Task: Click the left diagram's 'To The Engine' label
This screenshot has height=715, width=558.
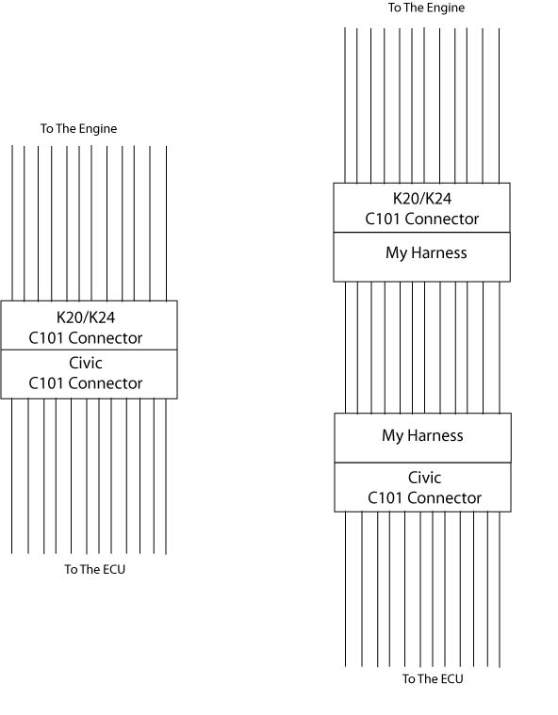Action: [78, 129]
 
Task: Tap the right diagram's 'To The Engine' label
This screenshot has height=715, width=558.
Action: [427, 8]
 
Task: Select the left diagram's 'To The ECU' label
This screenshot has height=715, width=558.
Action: [95, 569]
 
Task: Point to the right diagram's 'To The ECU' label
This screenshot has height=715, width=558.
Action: [433, 679]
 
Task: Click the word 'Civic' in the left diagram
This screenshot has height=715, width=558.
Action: [86, 363]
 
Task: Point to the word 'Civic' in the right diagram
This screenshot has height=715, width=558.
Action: [424, 478]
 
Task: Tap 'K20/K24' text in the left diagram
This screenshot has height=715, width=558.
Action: [86, 317]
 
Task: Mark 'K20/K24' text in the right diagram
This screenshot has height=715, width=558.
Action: [422, 199]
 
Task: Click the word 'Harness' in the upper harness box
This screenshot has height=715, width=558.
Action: [439, 252]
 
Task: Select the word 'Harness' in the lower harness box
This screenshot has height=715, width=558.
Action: [435, 435]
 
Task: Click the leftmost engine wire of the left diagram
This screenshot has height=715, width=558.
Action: [12, 223]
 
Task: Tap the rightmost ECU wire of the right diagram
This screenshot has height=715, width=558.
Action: [500, 590]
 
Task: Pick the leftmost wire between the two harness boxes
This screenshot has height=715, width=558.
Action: [346, 348]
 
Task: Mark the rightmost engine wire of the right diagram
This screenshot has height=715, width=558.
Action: [500, 106]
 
